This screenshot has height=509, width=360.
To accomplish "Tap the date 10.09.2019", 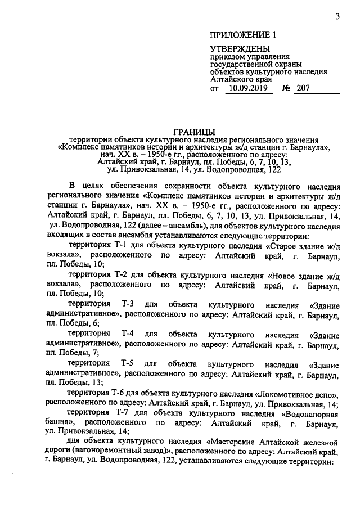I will click(247, 88).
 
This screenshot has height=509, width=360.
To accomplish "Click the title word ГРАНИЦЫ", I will click(194, 131).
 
